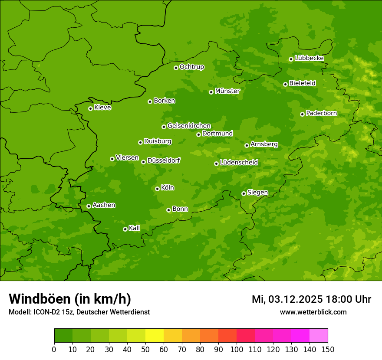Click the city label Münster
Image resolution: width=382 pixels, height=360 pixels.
tap(227, 91)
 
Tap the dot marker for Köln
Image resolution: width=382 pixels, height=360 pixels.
tap(157, 189)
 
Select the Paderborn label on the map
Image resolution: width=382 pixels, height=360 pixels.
tap(322, 113)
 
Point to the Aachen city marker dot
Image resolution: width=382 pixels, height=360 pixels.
tap(89, 206)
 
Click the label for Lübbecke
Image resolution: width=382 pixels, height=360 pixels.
tap(310, 58)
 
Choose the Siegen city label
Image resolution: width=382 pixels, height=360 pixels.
tap(258, 193)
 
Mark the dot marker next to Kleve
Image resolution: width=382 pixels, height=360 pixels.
tap(90, 108)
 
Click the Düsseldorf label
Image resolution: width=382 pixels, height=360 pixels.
tap(164, 160)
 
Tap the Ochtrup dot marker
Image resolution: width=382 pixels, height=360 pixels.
tap(176, 68)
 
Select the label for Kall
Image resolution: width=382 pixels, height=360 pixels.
tap(135, 228)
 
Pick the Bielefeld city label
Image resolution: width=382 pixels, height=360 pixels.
tap(303, 83)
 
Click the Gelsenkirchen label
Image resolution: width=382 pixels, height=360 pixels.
tap(189, 126)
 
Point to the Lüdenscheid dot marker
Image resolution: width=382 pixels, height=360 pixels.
tap(216, 164)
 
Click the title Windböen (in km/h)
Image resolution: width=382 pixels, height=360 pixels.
tap(70, 299)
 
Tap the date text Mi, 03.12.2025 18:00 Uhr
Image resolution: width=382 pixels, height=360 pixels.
tap(311, 299)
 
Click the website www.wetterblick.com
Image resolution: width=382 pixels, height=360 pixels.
tap(313, 312)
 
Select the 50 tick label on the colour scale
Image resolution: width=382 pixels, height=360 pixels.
tap(145, 349)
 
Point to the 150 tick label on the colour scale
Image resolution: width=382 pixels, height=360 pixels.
tap(328, 349)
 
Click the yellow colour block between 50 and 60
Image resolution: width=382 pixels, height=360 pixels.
tap(155, 336)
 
